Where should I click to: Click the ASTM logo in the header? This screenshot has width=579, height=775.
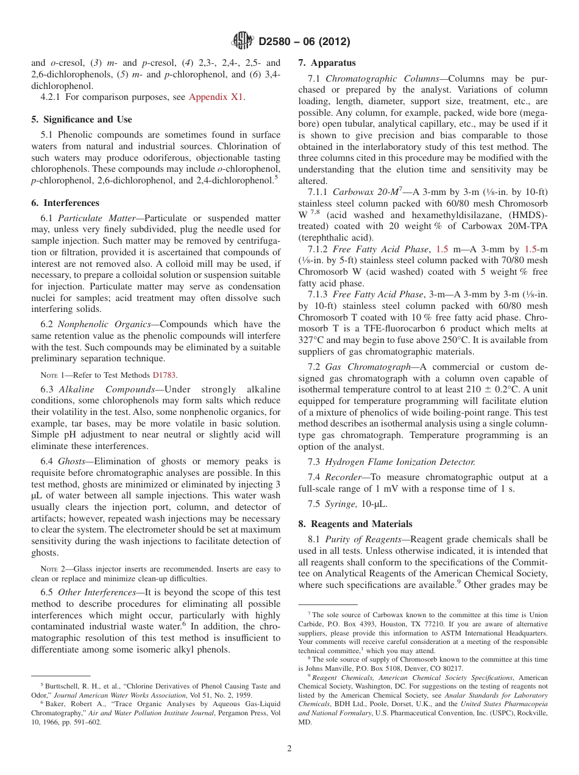pos(242,41)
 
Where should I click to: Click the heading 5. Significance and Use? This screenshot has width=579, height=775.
pos(81,119)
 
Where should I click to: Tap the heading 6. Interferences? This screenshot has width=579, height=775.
pos(65,203)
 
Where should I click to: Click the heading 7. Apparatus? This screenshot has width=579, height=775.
pos(327,63)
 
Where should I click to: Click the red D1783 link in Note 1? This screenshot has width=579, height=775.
pos(165,375)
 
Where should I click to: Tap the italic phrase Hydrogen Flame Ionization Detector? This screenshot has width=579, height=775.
pos(400,462)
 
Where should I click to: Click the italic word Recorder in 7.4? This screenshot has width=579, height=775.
pos(345,477)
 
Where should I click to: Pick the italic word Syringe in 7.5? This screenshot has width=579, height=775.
pos(341,504)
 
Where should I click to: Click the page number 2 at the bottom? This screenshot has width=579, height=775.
pos(289,749)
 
